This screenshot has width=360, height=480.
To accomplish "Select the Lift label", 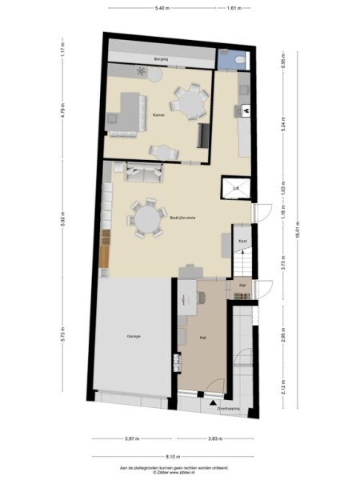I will (x=236, y=189).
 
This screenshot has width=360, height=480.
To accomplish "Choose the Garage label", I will (x=133, y=336).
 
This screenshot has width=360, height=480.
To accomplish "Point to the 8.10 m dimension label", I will (x=174, y=456).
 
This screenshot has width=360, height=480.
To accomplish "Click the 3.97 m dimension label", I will (x=132, y=439).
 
